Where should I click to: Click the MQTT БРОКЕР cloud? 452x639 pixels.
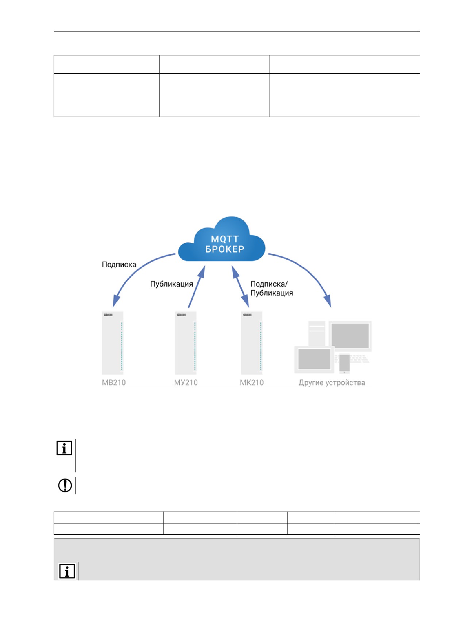[x=221, y=240]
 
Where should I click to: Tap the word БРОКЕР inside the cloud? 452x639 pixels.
[x=225, y=249]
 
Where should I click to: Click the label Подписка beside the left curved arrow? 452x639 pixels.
[x=119, y=264]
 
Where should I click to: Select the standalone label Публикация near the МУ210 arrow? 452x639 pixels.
[x=171, y=284]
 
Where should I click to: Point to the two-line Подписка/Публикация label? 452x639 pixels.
[x=272, y=288]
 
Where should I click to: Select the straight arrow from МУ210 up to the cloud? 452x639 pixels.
[x=196, y=287]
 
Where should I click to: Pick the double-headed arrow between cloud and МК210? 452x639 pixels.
[x=240, y=286]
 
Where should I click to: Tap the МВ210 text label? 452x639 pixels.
[x=114, y=383]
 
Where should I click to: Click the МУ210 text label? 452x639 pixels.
[x=186, y=383]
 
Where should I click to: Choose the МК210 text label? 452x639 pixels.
[x=252, y=383]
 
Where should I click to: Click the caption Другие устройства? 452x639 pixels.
[x=332, y=383]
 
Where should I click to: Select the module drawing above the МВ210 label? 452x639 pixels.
[x=113, y=343]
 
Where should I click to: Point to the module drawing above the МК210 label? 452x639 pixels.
[x=252, y=343]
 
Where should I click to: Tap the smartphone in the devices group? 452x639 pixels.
[x=344, y=364]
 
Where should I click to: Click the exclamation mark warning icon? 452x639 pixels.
[x=65, y=485]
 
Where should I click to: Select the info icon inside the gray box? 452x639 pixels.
[x=67, y=571]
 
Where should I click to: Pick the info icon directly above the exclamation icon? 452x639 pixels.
[x=64, y=448]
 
